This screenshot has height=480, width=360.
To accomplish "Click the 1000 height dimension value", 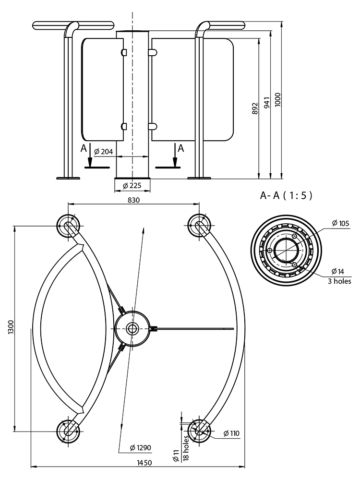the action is [x=278, y=99].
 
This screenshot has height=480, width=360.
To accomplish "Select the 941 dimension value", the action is [x=267, y=103].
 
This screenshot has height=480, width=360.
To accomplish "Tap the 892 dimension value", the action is [x=255, y=108].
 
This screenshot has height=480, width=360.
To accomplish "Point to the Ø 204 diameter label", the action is [x=104, y=151].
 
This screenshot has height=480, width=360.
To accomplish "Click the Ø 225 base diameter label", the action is [x=132, y=186].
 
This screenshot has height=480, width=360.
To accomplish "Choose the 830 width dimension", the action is [x=133, y=200].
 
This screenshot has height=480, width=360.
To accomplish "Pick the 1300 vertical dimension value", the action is [x=12, y=328].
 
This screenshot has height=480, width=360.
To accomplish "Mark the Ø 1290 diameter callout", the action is [x=141, y=448].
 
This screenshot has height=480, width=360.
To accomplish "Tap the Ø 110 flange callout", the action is [x=231, y=433].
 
